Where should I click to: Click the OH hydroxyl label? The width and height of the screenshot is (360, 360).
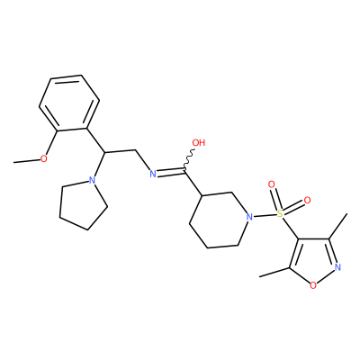[x=198, y=143]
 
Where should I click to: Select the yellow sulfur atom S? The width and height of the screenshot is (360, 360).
[x=280, y=213]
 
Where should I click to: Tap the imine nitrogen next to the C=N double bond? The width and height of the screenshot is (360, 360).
[x=153, y=174]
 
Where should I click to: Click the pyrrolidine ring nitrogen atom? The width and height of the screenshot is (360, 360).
[x=93, y=181]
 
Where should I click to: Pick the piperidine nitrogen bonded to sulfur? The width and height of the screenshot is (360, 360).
[x=248, y=217]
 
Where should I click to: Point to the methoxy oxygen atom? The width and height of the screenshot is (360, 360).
[x=44, y=158]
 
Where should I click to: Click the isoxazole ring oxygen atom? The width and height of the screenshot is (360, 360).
[x=313, y=285]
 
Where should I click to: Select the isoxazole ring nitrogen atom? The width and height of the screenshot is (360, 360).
[x=338, y=266]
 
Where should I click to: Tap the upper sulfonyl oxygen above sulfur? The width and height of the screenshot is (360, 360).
[x=272, y=184]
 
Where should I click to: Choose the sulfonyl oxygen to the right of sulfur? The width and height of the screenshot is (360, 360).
[x=307, y=200]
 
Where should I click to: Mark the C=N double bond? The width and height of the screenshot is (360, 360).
[x=171, y=173]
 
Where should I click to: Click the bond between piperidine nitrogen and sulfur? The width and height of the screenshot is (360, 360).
[x=265, y=215]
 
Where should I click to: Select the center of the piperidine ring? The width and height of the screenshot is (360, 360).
[x=220, y=220]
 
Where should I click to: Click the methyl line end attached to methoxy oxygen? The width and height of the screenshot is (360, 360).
[x=14, y=162]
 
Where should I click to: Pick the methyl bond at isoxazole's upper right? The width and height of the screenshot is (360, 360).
[x=338, y=226]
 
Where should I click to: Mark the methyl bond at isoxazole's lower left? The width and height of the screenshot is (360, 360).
[x=274, y=272]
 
